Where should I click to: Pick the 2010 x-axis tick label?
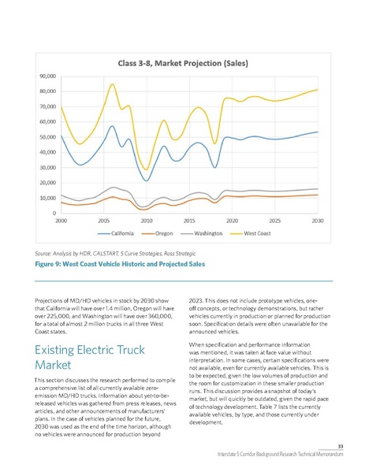click(146, 221)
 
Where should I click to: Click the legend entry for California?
click(121, 234)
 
